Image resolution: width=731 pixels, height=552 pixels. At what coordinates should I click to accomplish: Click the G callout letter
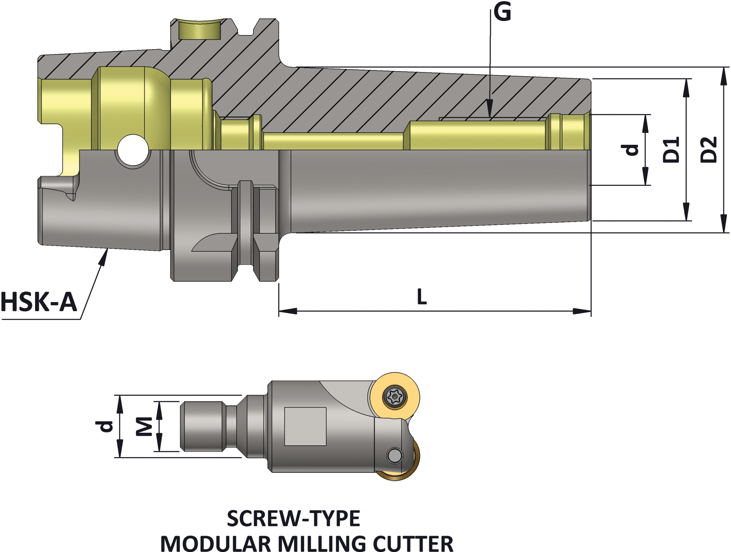pos(502,12)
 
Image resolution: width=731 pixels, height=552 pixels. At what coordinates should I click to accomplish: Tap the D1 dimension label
pos(671,150)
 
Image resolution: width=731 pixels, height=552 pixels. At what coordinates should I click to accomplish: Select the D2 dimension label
pos(709,150)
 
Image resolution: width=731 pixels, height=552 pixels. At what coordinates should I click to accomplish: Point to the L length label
pos(422,297)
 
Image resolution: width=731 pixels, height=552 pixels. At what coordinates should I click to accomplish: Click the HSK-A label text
pos(39,302)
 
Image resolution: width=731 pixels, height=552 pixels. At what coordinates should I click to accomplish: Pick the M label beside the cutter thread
pos(145,426)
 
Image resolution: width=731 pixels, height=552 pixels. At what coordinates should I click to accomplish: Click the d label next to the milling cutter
pos(105,426)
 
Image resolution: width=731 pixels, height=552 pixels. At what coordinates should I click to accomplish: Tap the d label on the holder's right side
pos(632,150)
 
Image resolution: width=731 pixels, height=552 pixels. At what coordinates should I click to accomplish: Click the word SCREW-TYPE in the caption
pos(293,518)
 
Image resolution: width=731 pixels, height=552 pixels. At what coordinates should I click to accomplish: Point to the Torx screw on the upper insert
pos(395,397)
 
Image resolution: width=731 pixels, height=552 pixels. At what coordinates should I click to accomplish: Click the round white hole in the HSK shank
pos(133,150)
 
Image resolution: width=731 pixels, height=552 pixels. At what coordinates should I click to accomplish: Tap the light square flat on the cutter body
pos(305,426)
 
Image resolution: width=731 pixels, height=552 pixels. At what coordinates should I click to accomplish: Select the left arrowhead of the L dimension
pos(286,311)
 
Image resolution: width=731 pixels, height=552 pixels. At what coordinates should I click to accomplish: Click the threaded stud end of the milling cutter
pos(202,426)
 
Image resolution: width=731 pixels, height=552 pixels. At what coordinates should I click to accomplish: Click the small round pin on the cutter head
pos(394,455)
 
